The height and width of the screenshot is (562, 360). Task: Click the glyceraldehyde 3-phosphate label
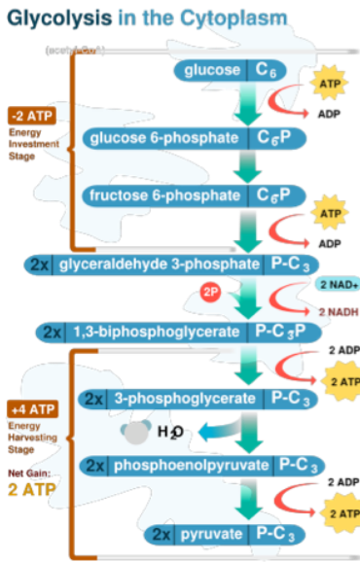pyautogui.click(x=160, y=263)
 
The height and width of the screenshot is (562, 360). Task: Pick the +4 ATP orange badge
pyautogui.click(x=30, y=409)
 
